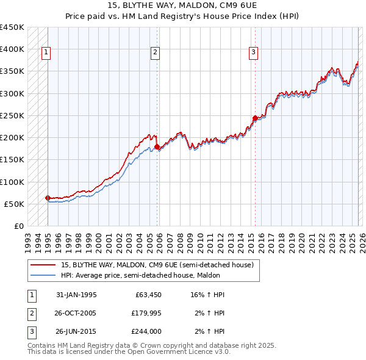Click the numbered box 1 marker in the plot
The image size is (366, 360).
click(46, 53)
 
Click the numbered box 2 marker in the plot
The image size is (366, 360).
click(156, 53)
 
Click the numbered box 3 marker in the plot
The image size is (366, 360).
click(253, 53)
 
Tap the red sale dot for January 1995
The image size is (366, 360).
click(48, 198)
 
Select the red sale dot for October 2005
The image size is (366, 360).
click(157, 146)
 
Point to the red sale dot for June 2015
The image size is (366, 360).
click(255, 118)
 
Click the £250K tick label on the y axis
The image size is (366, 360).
click(12, 115)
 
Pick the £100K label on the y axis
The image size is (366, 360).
click(12, 182)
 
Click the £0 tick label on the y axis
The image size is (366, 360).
click(18, 226)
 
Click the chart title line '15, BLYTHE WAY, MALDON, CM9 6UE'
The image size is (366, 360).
click(183, 7)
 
